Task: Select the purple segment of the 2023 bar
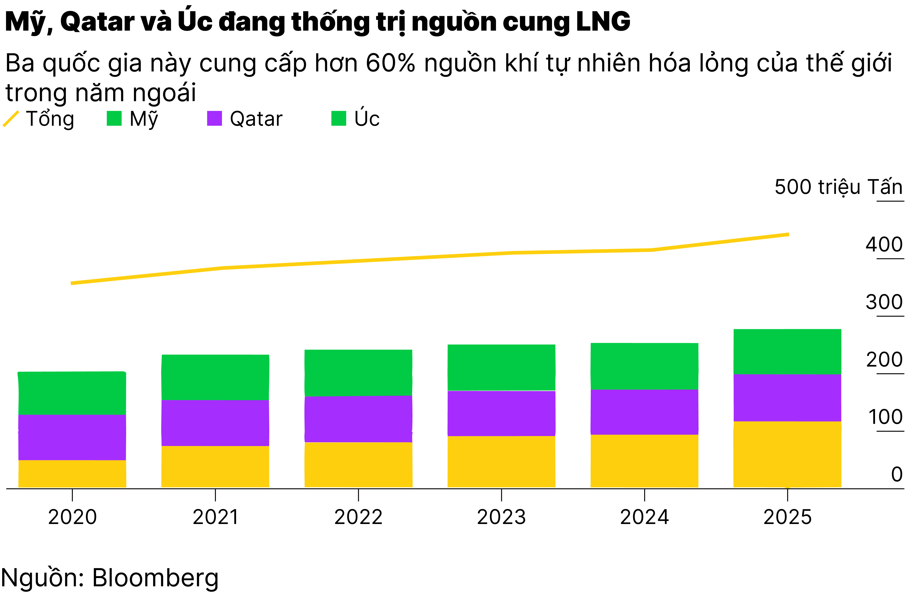coord(501,413)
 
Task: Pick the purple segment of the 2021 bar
coord(215,423)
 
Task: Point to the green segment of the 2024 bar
coord(644,366)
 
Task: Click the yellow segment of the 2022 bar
coord(358,464)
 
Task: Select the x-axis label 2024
coord(644,517)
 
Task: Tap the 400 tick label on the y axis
coord(884,245)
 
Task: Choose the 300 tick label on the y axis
coord(884,302)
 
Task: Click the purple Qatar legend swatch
coord(214,118)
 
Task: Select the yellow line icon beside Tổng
coord(11,119)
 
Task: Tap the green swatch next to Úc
coord(338,118)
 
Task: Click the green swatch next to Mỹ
coord(114,118)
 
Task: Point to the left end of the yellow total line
coord(72,283)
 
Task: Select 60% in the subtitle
coord(390,63)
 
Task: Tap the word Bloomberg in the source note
coord(155,578)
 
